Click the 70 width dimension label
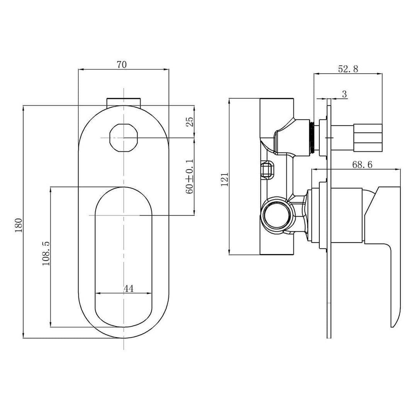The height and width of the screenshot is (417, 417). [122, 64]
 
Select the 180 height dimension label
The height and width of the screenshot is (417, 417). [19, 225]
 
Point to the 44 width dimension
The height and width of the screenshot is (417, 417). [129, 288]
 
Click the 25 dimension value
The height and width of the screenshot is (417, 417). [190, 122]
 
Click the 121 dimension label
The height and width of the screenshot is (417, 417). [225, 179]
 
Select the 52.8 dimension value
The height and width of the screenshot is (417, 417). [348, 69]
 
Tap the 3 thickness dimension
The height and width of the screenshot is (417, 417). [344, 94]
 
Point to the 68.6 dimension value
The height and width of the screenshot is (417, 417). [362, 164]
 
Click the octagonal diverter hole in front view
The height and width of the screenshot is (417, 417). [124, 138]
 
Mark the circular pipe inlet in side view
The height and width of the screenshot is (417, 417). [275, 215]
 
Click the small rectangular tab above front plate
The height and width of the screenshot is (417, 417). [124, 102]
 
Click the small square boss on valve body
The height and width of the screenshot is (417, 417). [267, 170]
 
